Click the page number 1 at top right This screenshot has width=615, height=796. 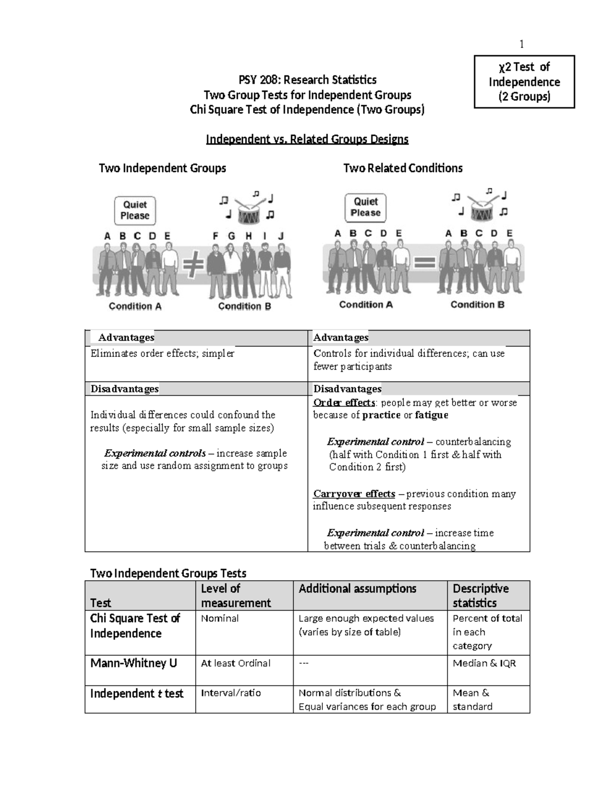522,44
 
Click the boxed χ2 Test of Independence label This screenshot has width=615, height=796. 524,82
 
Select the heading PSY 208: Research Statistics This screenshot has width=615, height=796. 307,79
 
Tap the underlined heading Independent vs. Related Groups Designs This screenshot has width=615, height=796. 307,139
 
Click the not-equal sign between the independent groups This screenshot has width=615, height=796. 192,267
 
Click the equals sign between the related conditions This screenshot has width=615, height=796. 424,263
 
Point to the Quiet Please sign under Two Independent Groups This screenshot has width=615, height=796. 135,210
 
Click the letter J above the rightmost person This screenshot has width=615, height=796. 280,236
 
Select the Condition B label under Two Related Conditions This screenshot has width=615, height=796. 477,304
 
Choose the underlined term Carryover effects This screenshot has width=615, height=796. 354,494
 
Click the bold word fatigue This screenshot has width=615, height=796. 432,415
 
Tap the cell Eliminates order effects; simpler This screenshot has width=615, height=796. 162,353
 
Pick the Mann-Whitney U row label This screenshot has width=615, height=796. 134,663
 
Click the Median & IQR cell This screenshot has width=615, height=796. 484,663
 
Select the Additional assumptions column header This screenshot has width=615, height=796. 357,588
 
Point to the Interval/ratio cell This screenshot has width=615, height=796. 231,693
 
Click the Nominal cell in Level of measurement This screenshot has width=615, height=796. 220,618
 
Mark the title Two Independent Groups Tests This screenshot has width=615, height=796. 168,573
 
